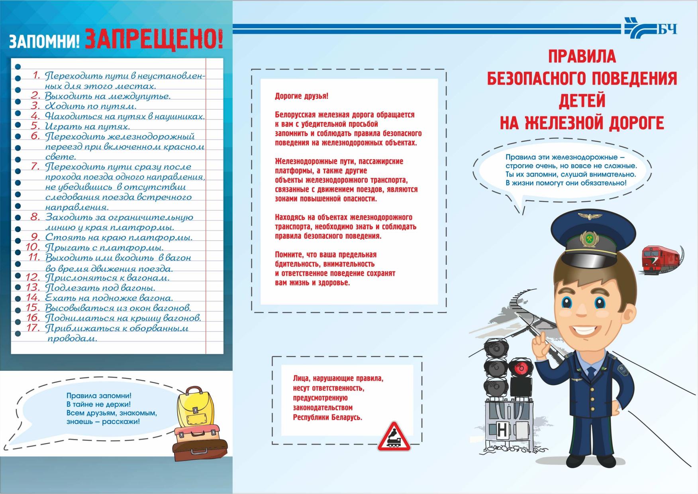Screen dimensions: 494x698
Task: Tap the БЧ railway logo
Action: pos(651,29)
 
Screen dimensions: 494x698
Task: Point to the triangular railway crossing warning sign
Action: pos(394,438)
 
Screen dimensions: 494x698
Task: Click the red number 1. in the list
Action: pos(37,75)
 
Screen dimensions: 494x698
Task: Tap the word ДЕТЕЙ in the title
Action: pos(582,101)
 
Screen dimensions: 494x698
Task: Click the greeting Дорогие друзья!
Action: pos(302,96)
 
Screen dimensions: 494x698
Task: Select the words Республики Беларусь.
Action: pos(327,417)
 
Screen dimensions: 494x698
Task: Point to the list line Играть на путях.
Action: pos(87,127)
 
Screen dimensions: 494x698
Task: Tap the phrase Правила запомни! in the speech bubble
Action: pos(98,396)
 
